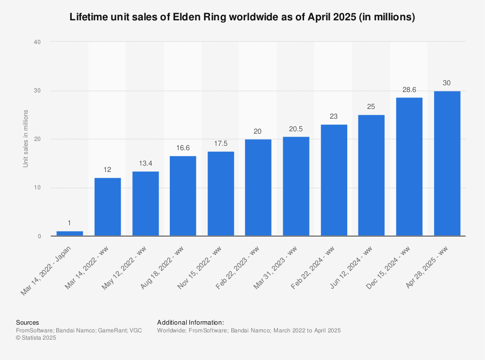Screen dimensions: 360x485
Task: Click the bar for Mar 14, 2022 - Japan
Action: pos(70,234)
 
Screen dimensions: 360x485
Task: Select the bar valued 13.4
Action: pos(145,203)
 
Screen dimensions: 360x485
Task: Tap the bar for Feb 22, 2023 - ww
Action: pos(258,188)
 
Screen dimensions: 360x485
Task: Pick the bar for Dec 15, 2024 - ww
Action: pos(409,167)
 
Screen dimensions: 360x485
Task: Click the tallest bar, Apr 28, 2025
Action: pos(447,163)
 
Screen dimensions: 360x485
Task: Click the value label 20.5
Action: pos(296,129)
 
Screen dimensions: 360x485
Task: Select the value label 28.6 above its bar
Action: pos(409,90)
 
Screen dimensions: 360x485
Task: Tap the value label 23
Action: pos(334,117)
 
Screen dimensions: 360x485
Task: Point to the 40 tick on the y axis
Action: pos(37,42)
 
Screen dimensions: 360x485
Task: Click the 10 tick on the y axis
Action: pos(37,188)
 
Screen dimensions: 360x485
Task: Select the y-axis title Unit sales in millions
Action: pos(25,139)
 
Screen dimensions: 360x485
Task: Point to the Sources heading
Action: pos(28,323)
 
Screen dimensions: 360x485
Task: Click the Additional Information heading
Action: pos(191,323)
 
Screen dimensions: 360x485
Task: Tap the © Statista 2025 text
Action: pos(36,338)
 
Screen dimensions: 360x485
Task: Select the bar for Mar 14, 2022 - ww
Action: pos(108,207)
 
